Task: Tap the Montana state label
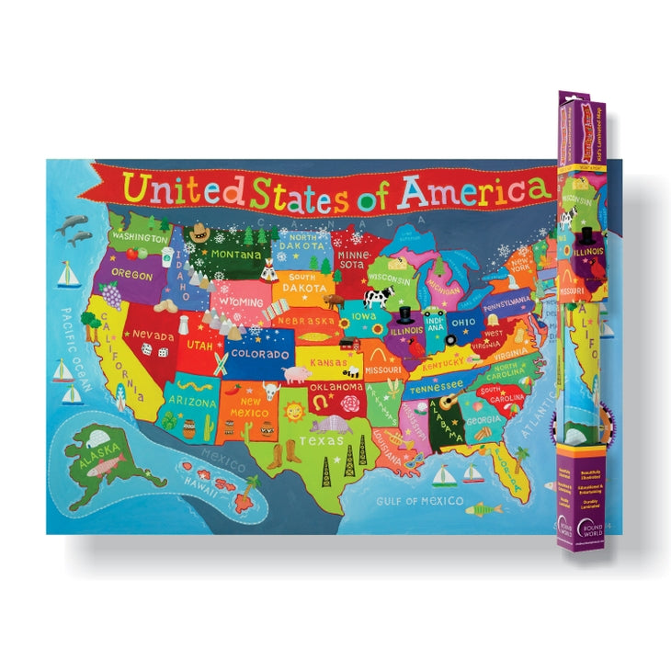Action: pos(235,253)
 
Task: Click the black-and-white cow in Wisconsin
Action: pos(378,297)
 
